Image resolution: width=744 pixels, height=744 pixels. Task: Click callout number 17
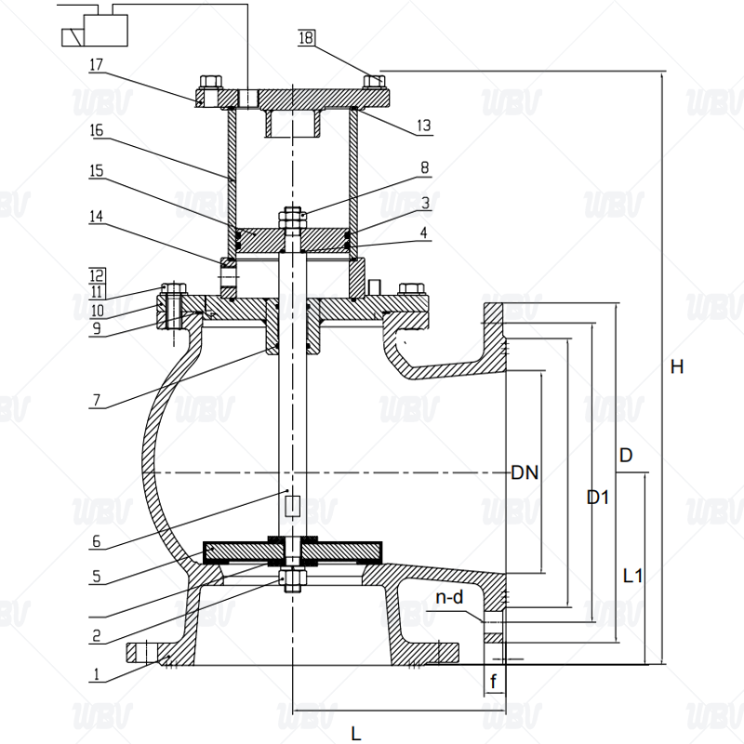pyautogui.click(x=97, y=65)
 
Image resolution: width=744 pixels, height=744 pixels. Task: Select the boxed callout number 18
pyautogui.click(x=307, y=38)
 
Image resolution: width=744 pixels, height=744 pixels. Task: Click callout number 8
pyautogui.click(x=424, y=168)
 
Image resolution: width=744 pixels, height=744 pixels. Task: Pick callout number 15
pyautogui.click(x=97, y=172)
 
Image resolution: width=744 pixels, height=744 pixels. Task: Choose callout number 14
pyautogui.click(x=97, y=216)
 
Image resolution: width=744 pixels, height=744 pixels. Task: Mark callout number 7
pyautogui.click(x=97, y=403)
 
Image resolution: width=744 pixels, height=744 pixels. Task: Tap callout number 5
pyautogui.click(x=97, y=577)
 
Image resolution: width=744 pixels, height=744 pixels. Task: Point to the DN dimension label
pyautogui.click(x=525, y=472)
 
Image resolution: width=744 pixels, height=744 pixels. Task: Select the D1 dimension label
pyautogui.click(x=598, y=498)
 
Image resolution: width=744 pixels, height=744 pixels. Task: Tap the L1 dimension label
pyautogui.click(x=632, y=576)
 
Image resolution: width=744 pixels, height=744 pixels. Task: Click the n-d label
pyautogui.click(x=449, y=597)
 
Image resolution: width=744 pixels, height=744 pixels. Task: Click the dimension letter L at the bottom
pyautogui.click(x=355, y=733)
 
